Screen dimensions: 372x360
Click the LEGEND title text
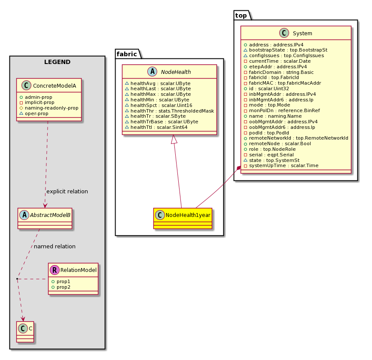(57, 62)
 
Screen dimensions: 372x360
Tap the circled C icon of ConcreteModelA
(26, 85)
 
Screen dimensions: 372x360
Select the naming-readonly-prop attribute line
(49, 108)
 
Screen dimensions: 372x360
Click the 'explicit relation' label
(67, 191)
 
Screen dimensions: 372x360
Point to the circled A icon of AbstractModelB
(24, 215)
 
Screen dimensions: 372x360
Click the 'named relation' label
(55, 246)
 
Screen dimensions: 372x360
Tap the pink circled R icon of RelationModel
(55, 270)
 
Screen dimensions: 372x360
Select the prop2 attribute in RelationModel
(61, 287)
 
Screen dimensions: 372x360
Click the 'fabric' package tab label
(127, 54)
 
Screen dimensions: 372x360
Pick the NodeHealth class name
(176, 72)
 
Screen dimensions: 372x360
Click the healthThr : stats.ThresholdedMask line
(169, 111)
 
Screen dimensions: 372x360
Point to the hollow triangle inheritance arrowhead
(174, 139)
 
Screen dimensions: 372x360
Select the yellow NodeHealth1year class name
(188, 215)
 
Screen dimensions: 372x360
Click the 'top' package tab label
(241, 15)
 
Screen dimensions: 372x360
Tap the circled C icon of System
(284, 33)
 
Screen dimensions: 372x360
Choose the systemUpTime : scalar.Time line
(281, 166)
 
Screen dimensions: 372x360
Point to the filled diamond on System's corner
(239, 168)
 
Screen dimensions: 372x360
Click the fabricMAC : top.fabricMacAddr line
(282, 83)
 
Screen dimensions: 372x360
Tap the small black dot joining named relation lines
(17, 279)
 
